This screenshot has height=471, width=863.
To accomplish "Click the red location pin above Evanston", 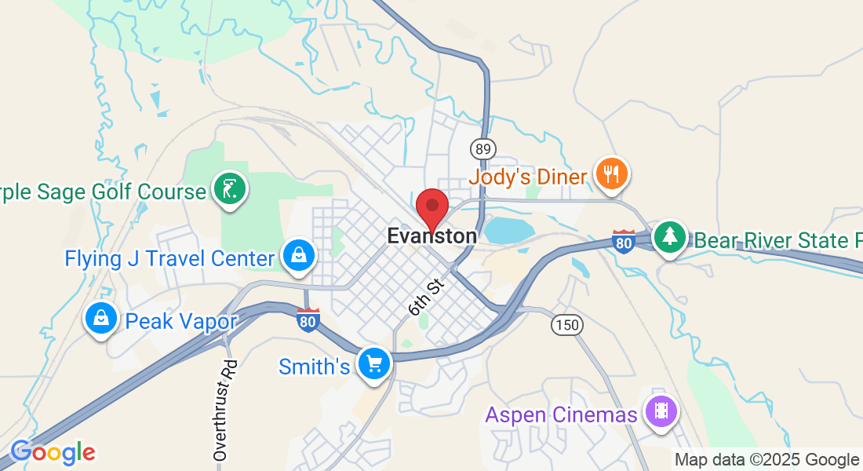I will coord(431,207).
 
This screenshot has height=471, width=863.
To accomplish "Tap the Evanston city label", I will coord(431,236).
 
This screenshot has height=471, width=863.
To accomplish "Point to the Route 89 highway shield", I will coord(482,148).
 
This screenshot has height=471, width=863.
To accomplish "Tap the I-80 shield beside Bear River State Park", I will coord(624,242).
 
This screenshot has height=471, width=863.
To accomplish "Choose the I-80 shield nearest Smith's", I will coord(308,320).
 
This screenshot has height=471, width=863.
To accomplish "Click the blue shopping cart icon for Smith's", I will coord(374,363).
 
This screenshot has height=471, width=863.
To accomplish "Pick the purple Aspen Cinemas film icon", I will coord(660,411).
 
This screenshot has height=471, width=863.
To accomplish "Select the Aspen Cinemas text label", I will coord(561,414).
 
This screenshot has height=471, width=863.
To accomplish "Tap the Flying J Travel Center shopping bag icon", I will coord(299,255).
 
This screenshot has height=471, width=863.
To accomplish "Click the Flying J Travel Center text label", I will coord(169,258).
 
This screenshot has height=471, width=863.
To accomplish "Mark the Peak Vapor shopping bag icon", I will coord(101,318).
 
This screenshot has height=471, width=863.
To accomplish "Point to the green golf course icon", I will coord(231,188).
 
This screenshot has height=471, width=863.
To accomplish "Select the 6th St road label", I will coord(426,295).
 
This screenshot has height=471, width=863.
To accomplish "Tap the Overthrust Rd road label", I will coord(225,410).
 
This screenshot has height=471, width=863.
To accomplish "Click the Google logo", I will coord(53,452).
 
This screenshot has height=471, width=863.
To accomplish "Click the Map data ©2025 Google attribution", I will coord(767,460).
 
